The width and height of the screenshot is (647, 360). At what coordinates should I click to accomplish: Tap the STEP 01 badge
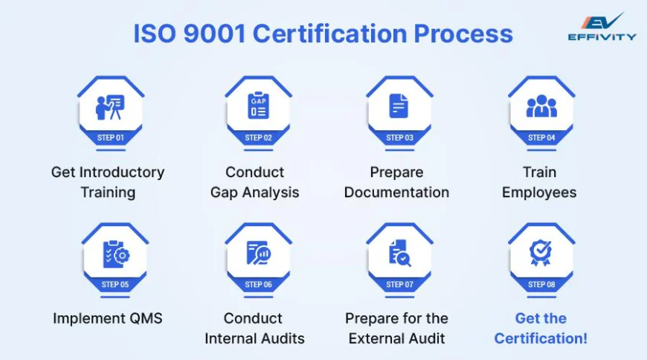(x=110, y=138)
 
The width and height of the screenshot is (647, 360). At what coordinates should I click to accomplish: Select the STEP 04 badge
(x=541, y=138)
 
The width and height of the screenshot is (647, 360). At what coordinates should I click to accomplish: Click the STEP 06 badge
(x=258, y=284)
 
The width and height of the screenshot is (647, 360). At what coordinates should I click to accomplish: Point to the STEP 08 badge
(x=541, y=284)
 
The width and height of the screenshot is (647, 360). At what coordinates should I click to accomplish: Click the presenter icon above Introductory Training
(x=110, y=106)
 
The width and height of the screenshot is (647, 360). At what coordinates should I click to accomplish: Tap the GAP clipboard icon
(x=258, y=106)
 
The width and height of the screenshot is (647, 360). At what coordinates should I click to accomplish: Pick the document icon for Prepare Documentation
(x=399, y=106)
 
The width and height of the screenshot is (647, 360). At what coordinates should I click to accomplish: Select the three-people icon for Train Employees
(x=541, y=108)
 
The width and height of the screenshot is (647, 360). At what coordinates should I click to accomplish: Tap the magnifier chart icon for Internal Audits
(x=258, y=254)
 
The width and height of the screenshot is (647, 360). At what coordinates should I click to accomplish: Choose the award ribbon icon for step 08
(x=541, y=253)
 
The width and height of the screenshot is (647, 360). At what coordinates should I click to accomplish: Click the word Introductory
(x=123, y=172)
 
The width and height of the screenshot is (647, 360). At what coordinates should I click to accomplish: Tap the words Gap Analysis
(x=254, y=192)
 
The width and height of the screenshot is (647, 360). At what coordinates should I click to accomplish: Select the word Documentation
(x=396, y=192)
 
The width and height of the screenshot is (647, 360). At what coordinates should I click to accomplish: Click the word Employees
(x=539, y=192)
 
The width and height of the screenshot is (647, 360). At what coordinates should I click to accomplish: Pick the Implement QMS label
(x=108, y=318)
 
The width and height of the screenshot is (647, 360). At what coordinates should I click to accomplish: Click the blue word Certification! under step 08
(x=541, y=338)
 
